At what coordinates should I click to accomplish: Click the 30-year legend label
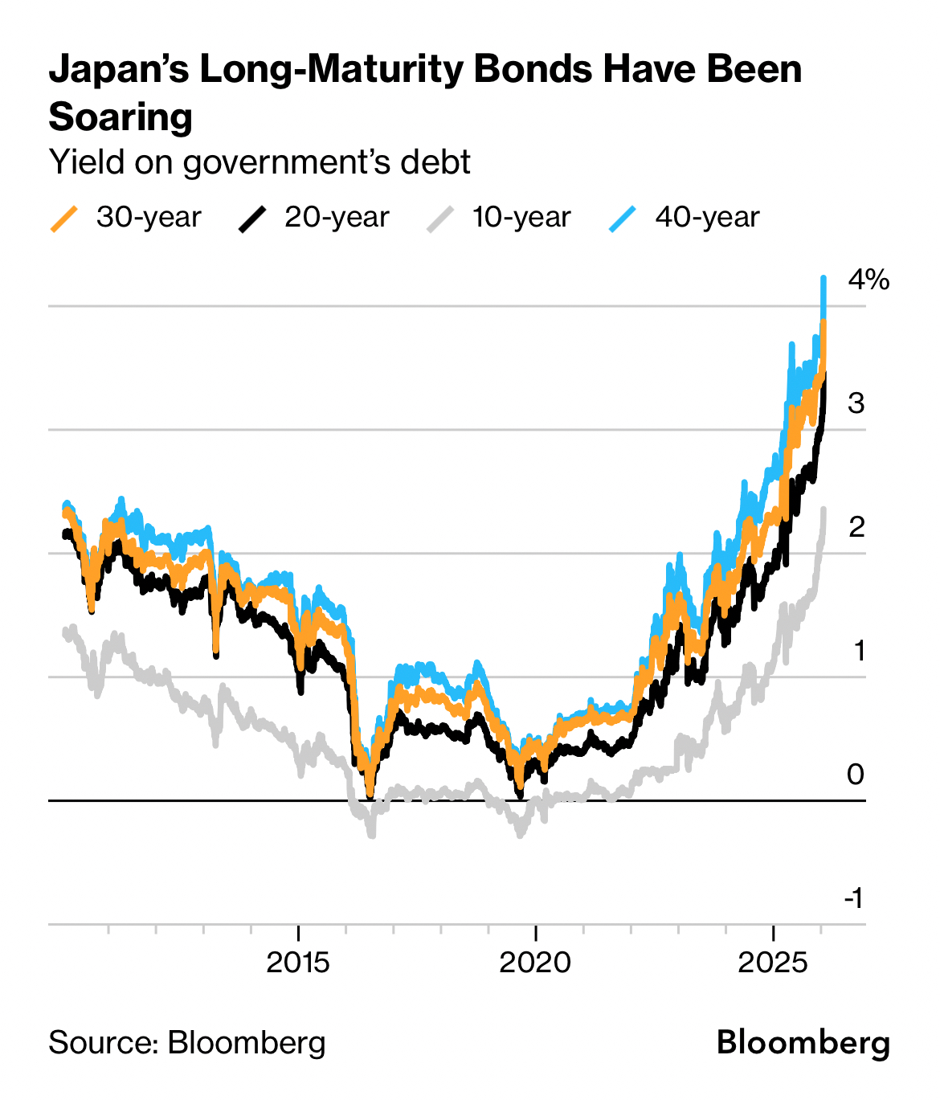click(x=149, y=218)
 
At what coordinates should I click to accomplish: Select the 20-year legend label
click(x=337, y=218)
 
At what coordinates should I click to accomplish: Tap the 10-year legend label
click(x=521, y=218)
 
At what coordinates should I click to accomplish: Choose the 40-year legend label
click(x=707, y=218)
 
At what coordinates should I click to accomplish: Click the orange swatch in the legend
click(x=64, y=219)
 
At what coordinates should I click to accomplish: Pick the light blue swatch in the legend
click(x=623, y=219)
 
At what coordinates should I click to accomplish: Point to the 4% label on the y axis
click(x=868, y=280)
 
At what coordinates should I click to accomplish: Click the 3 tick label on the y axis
click(x=856, y=403)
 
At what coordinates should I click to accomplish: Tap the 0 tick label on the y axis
click(x=856, y=775)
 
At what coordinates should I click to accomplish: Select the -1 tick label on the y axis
click(x=854, y=898)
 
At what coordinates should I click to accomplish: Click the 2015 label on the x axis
click(x=298, y=962)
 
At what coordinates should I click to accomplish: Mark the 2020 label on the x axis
click(x=535, y=962)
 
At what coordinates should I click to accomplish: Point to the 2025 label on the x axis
click(x=773, y=962)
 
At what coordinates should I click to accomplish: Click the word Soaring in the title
click(x=121, y=117)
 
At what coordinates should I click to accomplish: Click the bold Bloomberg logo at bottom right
click(x=803, y=1043)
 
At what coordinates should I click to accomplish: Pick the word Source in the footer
click(x=101, y=1043)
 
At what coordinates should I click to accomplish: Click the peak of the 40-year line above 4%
click(x=824, y=278)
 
